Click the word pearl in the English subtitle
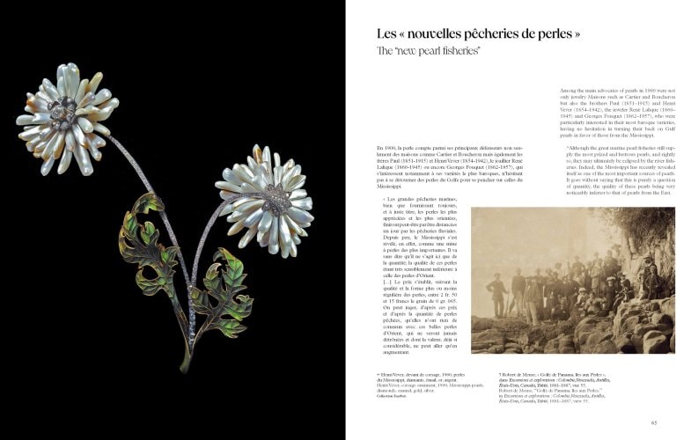pyautogui.click(x=422, y=53)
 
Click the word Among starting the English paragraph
pyautogui.click(x=570, y=91)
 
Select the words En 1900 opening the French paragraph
pyautogui.click(x=385, y=147)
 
